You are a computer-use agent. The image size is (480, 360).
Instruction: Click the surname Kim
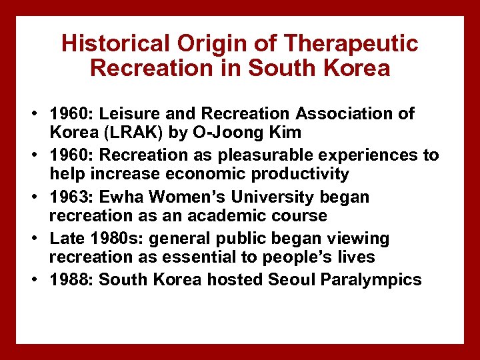coord(285,133)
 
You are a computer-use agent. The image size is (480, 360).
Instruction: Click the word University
coord(280,197)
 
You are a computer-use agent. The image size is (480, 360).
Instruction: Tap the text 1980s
coord(116,239)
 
